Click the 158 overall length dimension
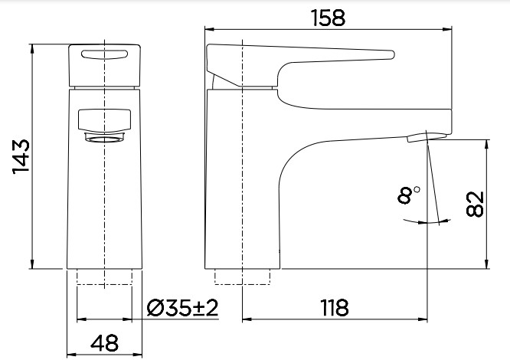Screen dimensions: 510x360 [329, 18]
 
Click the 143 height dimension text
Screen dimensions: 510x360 [21, 157]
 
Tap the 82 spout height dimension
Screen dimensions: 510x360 [475, 205]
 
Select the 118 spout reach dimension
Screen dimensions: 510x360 [335, 308]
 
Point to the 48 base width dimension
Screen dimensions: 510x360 [104, 343]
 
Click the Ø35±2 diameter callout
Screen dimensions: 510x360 [182, 308]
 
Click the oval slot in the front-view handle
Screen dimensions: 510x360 [104, 54]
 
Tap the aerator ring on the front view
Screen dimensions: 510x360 [104, 137]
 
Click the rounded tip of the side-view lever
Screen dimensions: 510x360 [391, 54]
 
